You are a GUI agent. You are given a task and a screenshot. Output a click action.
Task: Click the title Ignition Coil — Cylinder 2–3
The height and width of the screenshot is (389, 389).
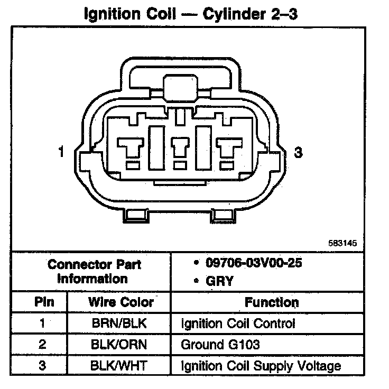click(191, 13)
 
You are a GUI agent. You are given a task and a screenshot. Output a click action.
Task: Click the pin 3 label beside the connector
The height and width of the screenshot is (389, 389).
click(299, 153)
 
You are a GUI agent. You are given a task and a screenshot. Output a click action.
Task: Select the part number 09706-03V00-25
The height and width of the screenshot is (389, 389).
click(248, 263)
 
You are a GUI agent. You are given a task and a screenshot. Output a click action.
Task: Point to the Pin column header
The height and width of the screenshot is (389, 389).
click(42, 302)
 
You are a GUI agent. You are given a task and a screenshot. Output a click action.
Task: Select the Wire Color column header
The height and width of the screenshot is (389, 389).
click(120, 302)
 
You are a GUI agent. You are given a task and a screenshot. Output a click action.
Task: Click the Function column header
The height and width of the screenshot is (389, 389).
click(272, 302)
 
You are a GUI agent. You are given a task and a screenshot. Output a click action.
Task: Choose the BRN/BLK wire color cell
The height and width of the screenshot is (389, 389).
click(120, 323)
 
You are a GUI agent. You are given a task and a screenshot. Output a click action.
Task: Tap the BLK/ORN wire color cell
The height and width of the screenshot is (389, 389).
click(120, 345)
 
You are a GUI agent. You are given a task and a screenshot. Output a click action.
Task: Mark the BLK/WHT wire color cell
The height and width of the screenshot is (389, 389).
click(120, 365)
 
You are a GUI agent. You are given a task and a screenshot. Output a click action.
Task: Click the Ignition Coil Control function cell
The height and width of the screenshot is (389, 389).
click(238, 323)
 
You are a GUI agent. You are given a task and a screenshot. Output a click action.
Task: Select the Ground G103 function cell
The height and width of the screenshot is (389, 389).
click(220, 345)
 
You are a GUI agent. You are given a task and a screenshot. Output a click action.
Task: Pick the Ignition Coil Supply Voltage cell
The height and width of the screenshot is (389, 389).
click(261, 365)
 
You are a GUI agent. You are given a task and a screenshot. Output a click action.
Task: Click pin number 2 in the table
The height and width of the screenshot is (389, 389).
click(42, 345)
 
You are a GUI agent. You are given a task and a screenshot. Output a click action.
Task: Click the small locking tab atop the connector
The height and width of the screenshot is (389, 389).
click(180, 87)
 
